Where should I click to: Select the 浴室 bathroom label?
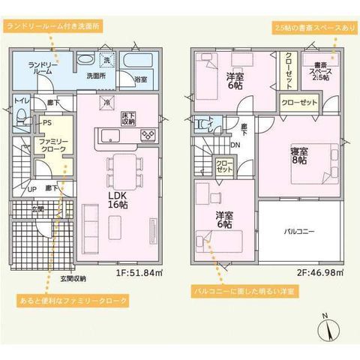(x=140, y=78)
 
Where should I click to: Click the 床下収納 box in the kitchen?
(x=127, y=117)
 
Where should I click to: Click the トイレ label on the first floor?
(x=20, y=100)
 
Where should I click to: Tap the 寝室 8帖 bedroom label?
(x=298, y=155)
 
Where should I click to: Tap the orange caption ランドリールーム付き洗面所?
(x=52, y=25)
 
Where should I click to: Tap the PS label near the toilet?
(x=46, y=123)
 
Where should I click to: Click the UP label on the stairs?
(x=31, y=190)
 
